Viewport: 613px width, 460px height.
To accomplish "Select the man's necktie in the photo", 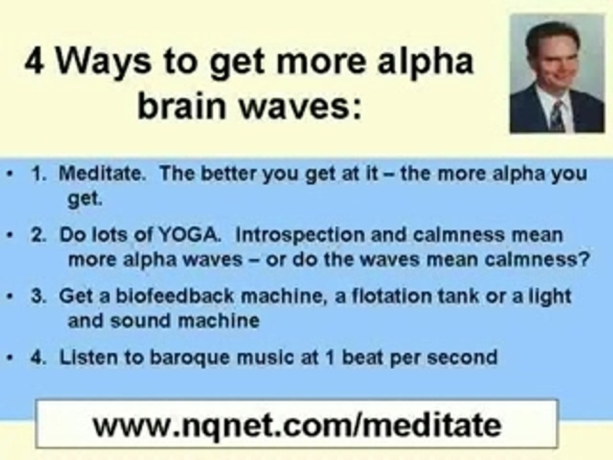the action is (x=557, y=116).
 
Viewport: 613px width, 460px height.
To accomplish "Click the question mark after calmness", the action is (x=584, y=259).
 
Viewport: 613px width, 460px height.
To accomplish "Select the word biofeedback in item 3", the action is (x=174, y=296).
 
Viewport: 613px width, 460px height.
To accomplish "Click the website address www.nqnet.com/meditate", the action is (x=297, y=425).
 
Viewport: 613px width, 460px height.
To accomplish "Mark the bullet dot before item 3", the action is (x=11, y=296).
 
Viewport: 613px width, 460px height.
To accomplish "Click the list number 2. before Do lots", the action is (x=38, y=234).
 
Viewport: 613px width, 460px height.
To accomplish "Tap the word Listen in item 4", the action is (x=88, y=358).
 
